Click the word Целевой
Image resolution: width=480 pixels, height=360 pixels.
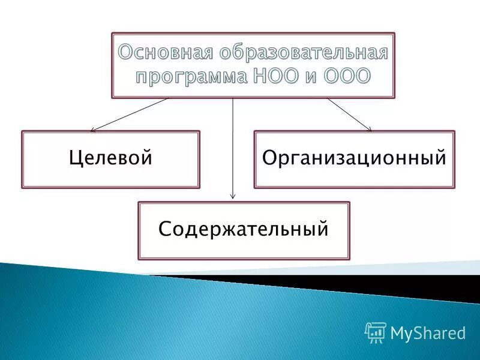tap(110, 158)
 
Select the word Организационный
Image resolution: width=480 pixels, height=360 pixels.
tap(354, 158)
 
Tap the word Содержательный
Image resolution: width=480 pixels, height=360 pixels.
tap(243, 229)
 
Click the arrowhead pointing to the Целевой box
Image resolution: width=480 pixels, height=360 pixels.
tap(92, 129)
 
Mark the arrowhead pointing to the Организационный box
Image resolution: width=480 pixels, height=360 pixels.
tap(369, 128)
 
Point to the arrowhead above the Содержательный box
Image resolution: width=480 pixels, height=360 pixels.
tap(233, 196)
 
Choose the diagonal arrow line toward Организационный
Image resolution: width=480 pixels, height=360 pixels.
tap(348, 113)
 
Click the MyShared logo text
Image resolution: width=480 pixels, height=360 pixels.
tap(428, 332)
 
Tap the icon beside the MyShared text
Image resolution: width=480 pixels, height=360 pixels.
tap(375, 331)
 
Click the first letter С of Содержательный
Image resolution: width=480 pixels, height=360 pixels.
tap(164, 229)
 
